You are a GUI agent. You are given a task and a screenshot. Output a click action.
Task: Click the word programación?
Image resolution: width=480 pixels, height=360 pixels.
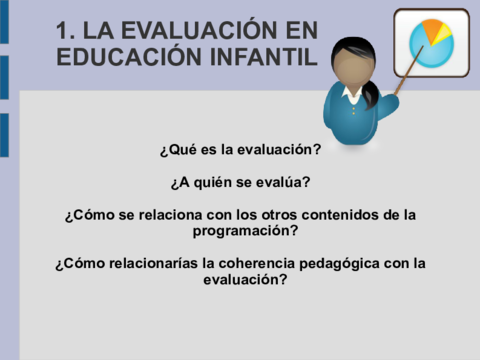245,230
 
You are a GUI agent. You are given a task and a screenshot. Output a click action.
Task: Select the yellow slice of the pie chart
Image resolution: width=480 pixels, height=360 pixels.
444,36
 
